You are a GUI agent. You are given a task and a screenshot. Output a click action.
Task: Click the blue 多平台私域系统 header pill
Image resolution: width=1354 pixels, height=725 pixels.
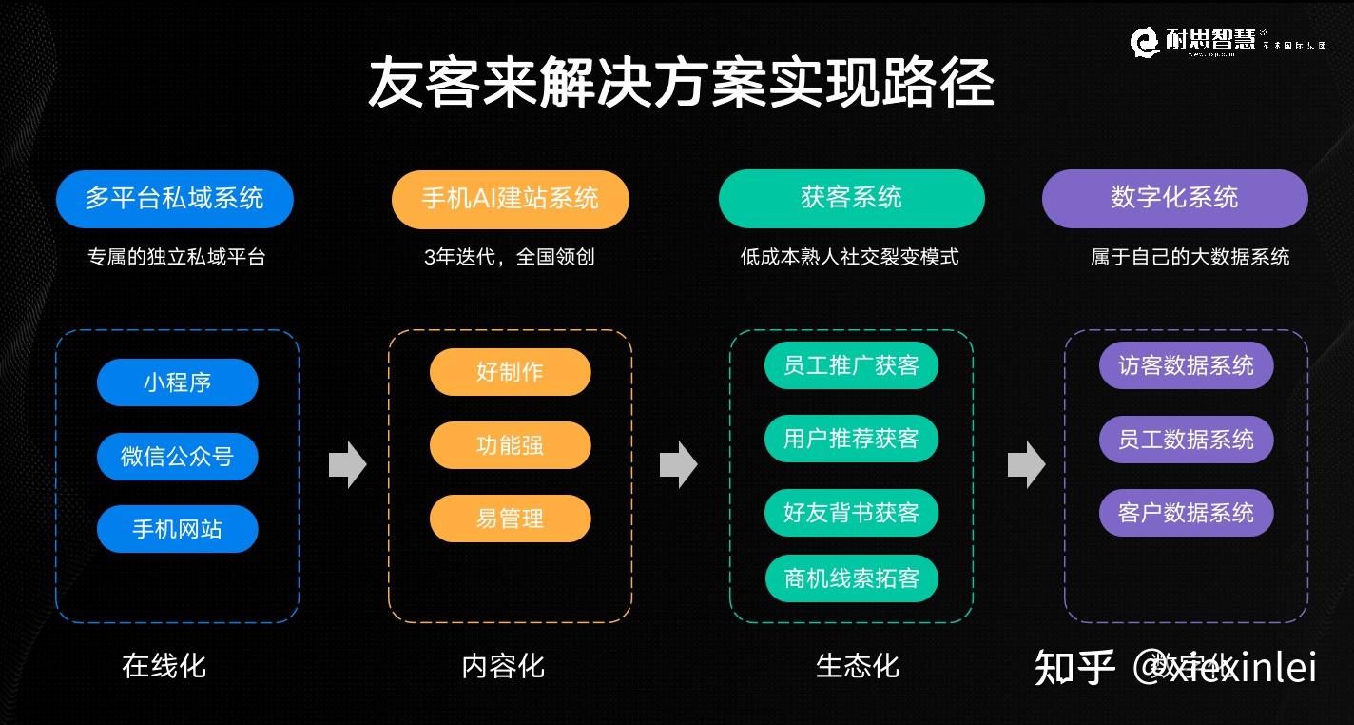[174, 199]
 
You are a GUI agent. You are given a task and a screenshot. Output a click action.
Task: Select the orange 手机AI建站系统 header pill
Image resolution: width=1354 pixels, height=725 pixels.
[510, 199]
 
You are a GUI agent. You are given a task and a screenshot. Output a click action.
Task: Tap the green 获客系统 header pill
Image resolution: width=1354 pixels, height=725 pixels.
[851, 198]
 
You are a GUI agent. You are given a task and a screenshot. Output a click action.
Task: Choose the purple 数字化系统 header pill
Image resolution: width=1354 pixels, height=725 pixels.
[1174, 198]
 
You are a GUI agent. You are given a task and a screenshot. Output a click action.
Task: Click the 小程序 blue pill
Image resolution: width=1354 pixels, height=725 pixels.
[177, 382]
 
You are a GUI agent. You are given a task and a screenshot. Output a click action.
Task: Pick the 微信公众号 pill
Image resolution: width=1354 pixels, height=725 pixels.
[177, 457]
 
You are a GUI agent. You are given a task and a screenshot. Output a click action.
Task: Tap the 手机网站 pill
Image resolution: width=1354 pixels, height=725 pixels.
[177, 529]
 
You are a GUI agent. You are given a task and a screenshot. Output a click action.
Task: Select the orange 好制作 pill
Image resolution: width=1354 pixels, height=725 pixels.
[510, 372]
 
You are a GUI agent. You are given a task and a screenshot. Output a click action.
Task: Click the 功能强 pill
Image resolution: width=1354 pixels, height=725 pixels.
[510, 445]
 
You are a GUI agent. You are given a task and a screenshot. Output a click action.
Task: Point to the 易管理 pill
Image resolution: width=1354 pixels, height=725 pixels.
[510, 519]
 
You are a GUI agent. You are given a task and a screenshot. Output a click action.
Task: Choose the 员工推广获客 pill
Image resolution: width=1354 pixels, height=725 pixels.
[851, 365]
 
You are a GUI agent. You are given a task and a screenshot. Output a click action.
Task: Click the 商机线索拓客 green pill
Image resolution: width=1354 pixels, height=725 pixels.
[851, 578]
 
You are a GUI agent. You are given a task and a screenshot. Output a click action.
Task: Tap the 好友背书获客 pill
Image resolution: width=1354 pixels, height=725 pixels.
[851, 513]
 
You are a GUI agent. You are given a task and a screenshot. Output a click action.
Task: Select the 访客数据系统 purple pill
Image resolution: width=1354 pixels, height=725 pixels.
[1186, 365]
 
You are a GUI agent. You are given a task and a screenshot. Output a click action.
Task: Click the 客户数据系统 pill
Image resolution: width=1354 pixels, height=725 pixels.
[1186, 513]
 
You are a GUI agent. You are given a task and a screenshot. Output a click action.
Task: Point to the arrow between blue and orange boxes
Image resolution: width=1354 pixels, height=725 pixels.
[347, 464]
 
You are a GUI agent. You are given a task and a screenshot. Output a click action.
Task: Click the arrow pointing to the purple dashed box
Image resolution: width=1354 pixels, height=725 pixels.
[1026, 464]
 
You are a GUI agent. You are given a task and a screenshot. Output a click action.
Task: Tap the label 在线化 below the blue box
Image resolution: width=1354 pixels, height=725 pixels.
[164, 666]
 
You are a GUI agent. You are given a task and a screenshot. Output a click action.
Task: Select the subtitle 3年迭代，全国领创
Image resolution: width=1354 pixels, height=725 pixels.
[510, 257]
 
